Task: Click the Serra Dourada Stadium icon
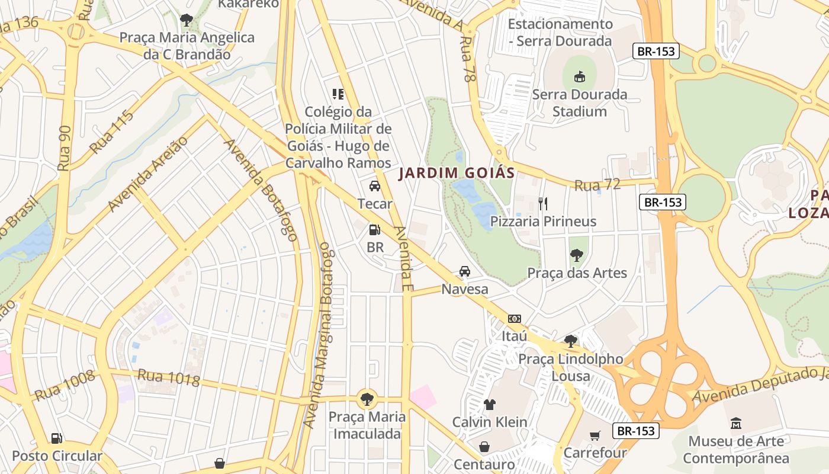(579, 76)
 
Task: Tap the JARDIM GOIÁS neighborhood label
(457, 173)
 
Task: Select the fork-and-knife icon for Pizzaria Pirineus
(543, 204)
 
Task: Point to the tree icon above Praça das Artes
(576, 255)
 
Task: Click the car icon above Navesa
(465, 271)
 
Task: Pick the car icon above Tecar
(375, 186)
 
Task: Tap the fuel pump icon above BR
(374, 229)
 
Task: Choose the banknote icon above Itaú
(514, 319)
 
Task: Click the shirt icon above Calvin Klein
(489, 405)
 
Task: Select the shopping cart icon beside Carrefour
(595, 435)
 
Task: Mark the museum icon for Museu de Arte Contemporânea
(736, 424)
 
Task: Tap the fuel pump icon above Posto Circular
(56, 438)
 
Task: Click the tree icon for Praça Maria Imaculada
(367, 398)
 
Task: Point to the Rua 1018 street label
(169, 377)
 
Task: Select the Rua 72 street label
(597, 185)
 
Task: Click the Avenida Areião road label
(147, 173)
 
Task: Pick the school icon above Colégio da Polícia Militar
(338, 94)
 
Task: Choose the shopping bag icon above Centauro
(484, 447)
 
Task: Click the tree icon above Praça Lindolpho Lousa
(571, 341)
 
